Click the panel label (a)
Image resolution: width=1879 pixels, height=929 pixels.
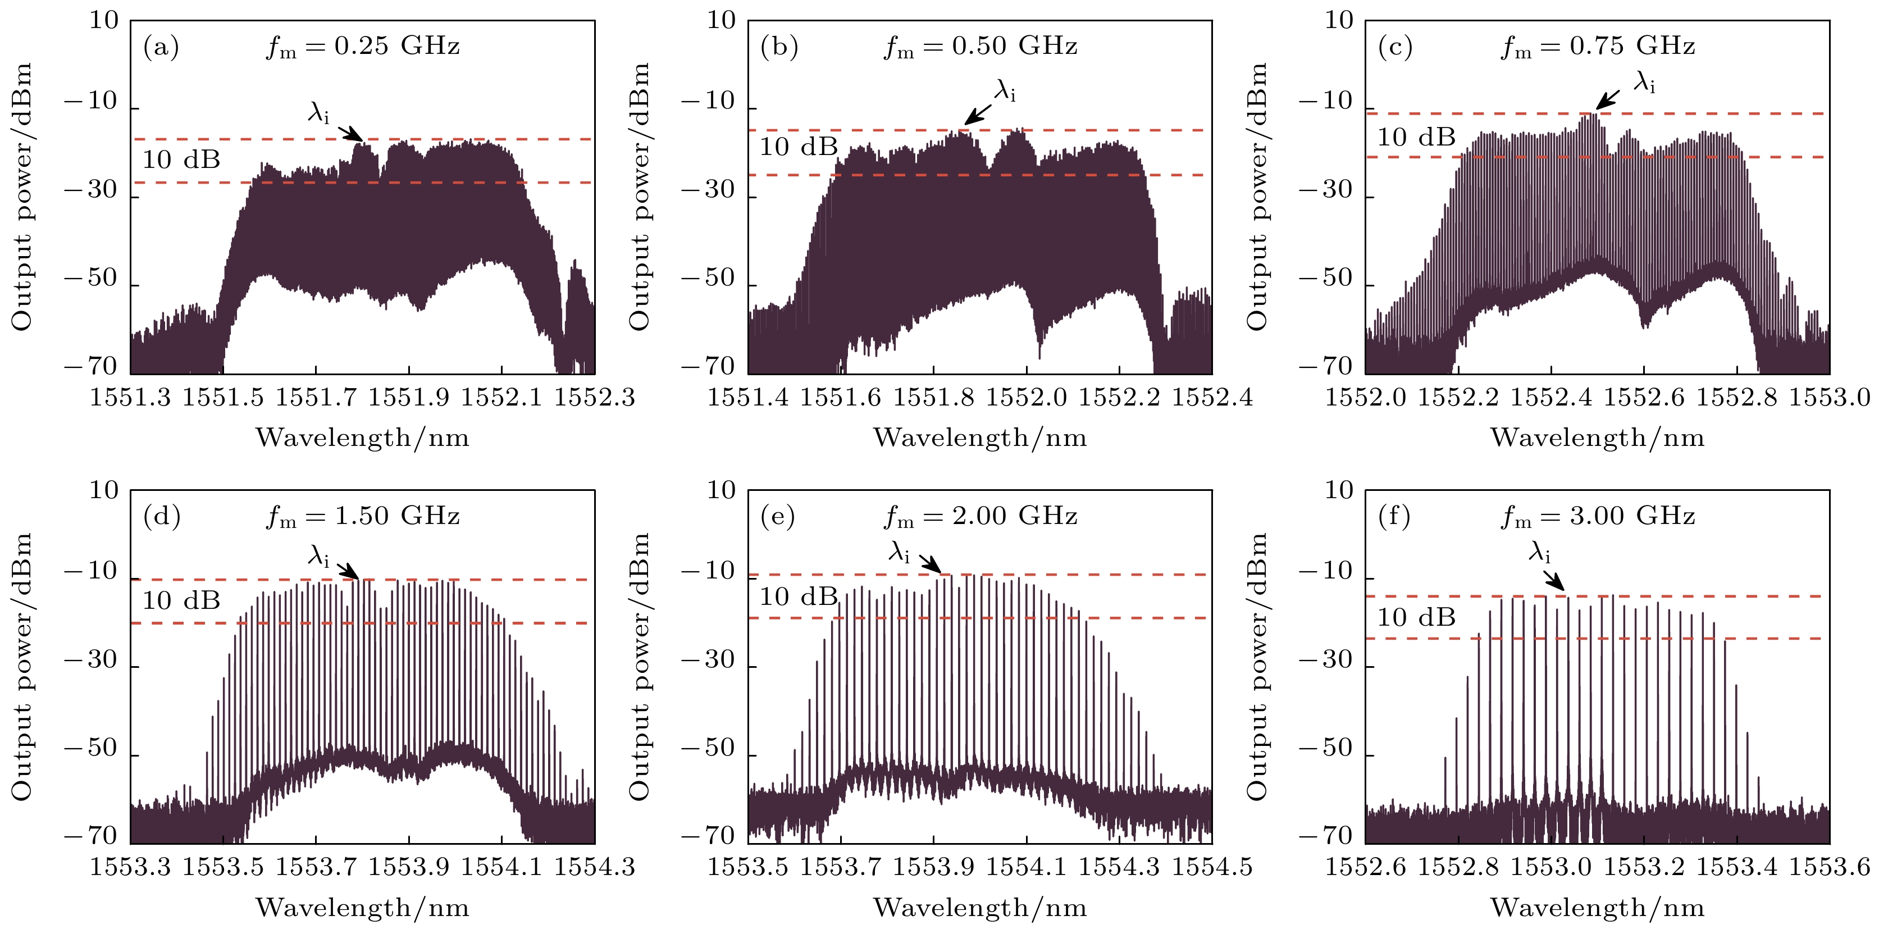[161, 47]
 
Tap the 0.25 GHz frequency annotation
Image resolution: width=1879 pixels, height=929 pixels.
[363, 47]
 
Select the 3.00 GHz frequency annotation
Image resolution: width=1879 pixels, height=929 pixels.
[1598, 517]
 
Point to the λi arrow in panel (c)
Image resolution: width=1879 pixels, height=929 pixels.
[1608, 100]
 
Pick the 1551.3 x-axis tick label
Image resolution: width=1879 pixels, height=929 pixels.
[130, 398]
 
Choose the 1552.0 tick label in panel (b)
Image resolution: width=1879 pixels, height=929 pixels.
[1027, 398]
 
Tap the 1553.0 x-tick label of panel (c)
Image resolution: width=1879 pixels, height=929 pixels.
[1830, 398]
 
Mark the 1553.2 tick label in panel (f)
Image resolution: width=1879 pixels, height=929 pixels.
[1644, 868]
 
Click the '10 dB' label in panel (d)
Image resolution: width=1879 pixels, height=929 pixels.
[181, 600]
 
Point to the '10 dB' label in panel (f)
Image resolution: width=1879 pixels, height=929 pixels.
[1416, 617]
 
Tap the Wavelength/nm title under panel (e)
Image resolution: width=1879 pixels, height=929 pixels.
[979, 908]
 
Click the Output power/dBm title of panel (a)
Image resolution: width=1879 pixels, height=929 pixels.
[22, 197]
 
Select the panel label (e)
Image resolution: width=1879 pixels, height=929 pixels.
[778, 517]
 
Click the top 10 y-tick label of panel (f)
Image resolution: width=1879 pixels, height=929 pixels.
[1339, 490]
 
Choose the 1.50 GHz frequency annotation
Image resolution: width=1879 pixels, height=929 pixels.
[363, 517]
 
